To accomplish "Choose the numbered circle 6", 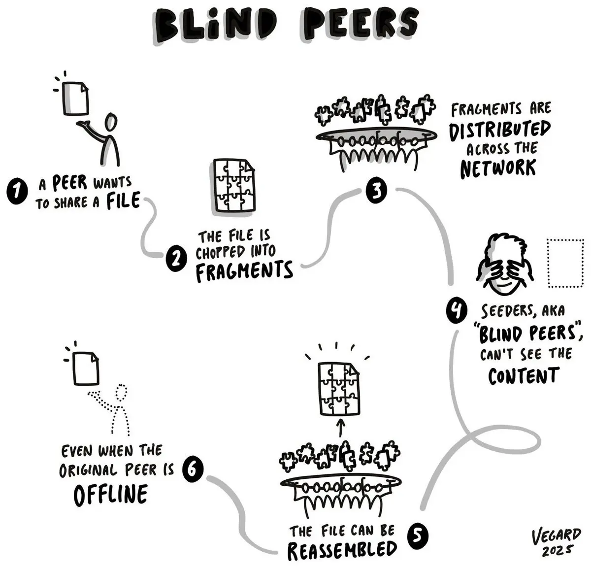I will point(192,468).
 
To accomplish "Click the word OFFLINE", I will point(110,494).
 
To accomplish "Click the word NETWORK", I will point(498,168).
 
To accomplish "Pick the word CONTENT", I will point(524,375).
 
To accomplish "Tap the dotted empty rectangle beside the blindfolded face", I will point(565,263).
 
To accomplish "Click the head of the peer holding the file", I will point(112,121).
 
